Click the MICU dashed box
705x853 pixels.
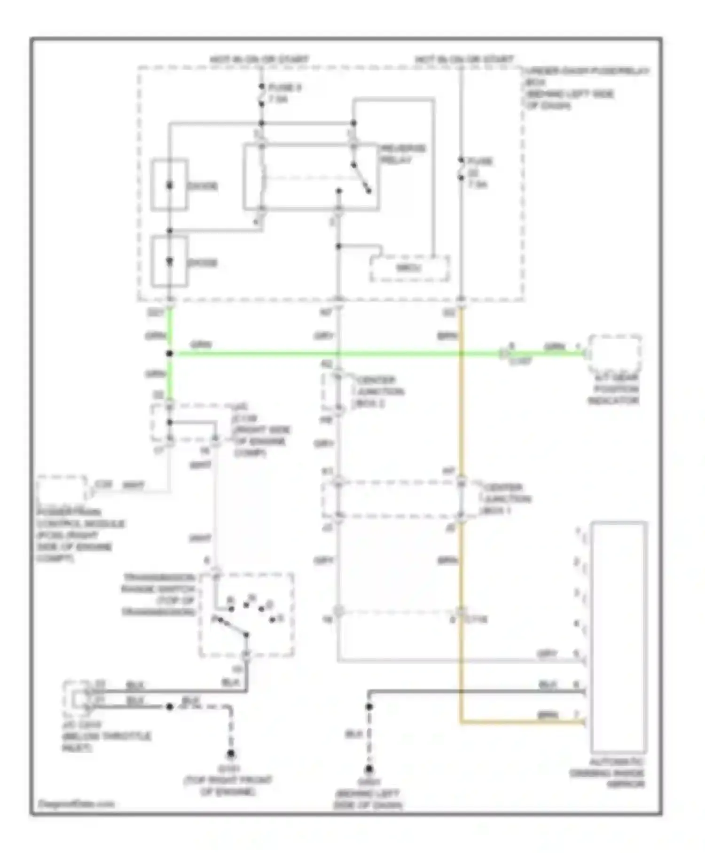[409, 269]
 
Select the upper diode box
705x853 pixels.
[170, 185]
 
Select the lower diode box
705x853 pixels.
[170, 262]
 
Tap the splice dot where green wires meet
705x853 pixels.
[170, 354]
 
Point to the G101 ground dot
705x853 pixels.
[231, 756]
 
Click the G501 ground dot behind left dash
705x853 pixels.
[369, 770]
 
